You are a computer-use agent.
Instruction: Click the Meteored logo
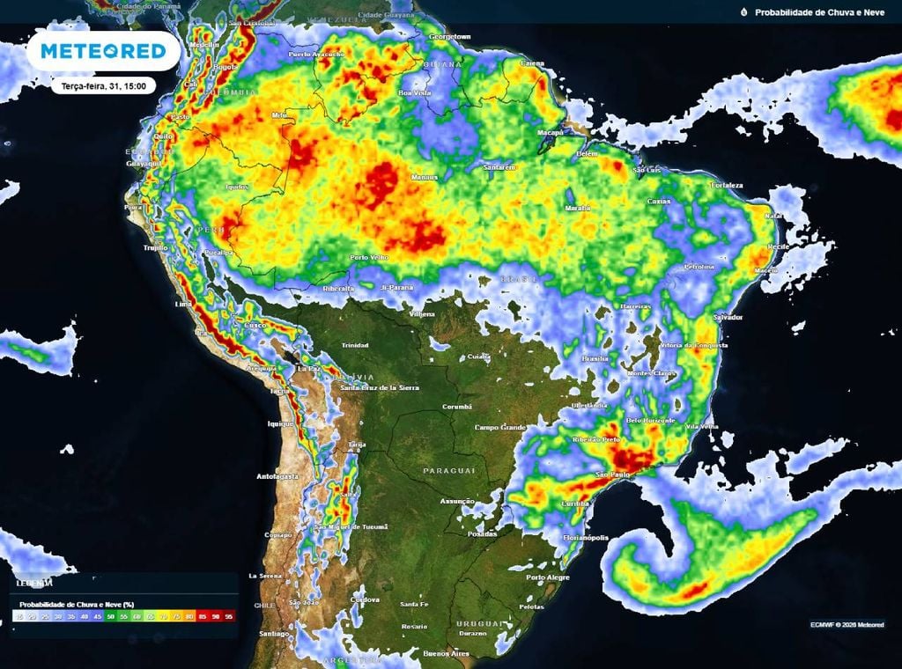coord(103,52)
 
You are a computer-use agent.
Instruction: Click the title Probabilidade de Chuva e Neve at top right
coord(818,12)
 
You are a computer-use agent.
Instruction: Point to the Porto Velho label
coord(369,258)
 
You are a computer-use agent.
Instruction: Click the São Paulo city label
coord(614,475)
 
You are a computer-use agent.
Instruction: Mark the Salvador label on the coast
coord(727,317)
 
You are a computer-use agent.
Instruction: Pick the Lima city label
coord(183,304)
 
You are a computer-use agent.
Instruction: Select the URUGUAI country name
coord(478,623)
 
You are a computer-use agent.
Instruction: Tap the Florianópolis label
coord(585,537)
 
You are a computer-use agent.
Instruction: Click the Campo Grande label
coord(499,428)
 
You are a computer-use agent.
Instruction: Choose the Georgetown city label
coord(450,37)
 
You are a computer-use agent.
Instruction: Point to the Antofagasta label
coord(277,476)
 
